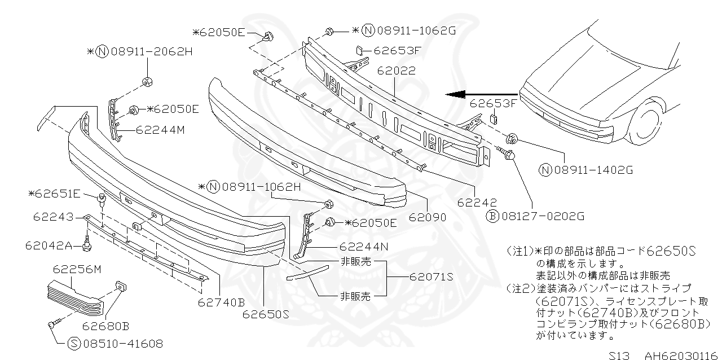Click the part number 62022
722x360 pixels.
pyautogui.click(x=397, y=72)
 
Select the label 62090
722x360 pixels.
pyautogui.click(x=427, y=217)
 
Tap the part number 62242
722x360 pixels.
pyautogui.click(x=477, y=201)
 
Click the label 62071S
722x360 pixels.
pyautogui.click(x=432, y=277)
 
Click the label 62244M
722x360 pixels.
pyautogui.click(x=161, y=130)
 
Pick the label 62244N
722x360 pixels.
pyautogui.click(x=365, y=247)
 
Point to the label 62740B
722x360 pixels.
pyautogui.click(x=221, y=302)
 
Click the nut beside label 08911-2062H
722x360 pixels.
pyautogui.click(x=148, y=82)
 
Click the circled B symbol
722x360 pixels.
pyautogui.click(x=492, y=216)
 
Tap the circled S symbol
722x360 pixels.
pyautogui.click(x=74, y=343)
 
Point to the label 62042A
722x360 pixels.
pyautogui.click(x=49, y=245)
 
